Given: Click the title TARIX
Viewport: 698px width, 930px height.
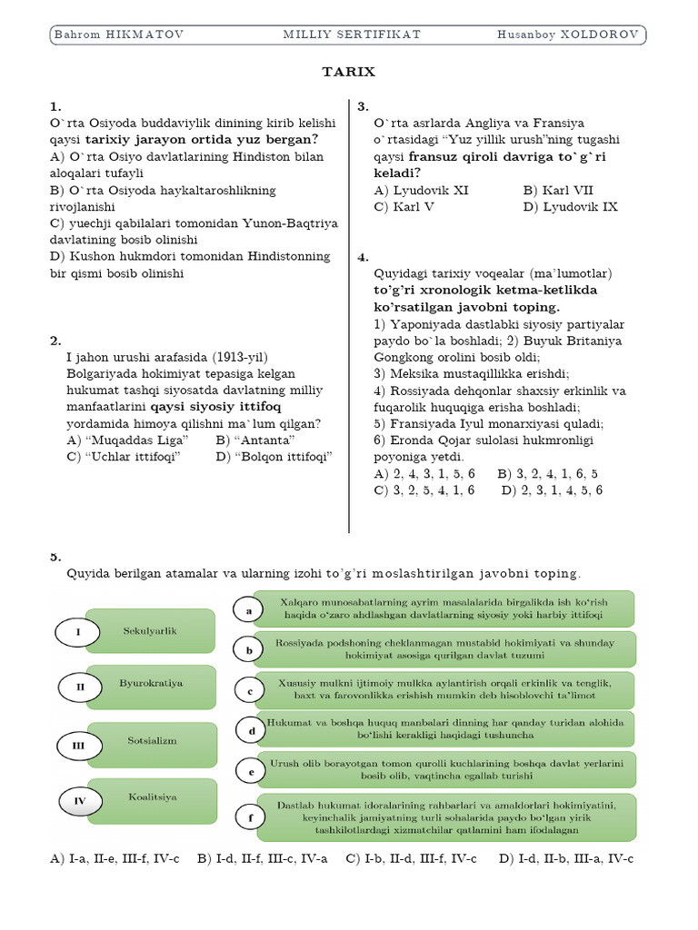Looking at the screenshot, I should pos(349,72).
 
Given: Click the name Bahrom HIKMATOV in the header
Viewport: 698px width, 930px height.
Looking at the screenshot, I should pos(119,35).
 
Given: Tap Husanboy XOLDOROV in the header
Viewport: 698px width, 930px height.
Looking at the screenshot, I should pos(567,35).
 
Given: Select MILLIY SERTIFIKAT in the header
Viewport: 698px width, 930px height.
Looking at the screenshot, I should pos(352,35).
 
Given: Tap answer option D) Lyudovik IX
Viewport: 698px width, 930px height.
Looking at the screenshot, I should pos(570,206).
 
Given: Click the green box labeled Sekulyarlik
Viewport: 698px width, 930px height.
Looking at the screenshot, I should pos(150,630).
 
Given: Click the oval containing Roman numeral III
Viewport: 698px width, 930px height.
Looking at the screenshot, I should pos(80,746).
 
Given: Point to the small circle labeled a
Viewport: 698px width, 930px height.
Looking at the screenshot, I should pos(249,611).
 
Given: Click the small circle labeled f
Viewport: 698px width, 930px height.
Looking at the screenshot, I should pos(250,818).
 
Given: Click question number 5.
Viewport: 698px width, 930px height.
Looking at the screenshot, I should pos(55,557).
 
